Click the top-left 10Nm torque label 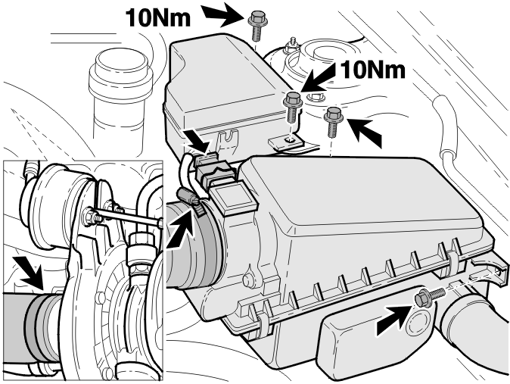pyautogui.click(x=157, y=17)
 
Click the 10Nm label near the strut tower pyautogui.click(x=373, y=70)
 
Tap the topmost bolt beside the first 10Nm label pyautogui.click(x=257, y=25)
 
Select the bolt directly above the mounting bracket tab pyautogui.click(x=293, y=108)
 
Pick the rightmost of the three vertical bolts pyautogui.click(x=332, y=123)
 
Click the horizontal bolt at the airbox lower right pyautogui.click(x=428, y=297)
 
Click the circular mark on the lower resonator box pyautogui.click(x=418, y=323)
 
